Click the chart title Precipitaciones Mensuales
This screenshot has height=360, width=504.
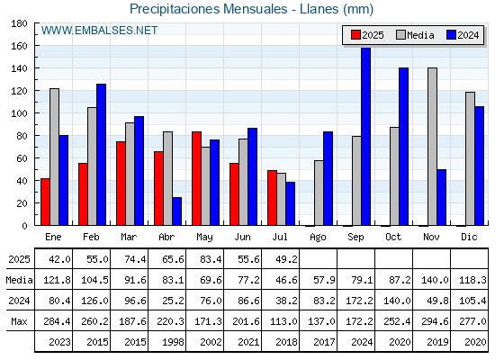tap(208, 9)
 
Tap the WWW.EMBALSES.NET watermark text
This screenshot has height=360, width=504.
tap(99, 31)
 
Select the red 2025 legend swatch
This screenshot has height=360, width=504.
tap(355, 35)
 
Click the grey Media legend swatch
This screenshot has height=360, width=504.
tap(400, 35)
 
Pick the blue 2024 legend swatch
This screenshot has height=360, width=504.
tap(451, 35)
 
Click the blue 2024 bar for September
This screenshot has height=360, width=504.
tap(365, 136)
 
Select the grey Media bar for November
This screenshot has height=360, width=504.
tap(432, 147)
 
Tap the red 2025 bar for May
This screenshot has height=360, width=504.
tap(197, 178)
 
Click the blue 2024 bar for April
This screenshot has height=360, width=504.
tap(176, 211)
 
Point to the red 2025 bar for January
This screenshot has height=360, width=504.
tap(45, 202)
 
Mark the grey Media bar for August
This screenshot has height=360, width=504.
tap(319, 193)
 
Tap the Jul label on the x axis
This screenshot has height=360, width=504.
tap(280, 237)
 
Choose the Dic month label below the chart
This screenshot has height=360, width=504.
tap(469, 237)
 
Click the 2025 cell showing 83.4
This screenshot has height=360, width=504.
tap(211, 259)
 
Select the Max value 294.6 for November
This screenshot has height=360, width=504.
tap(435, 321)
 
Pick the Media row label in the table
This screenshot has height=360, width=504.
tap(19, 280)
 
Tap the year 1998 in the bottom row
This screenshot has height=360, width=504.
tap(173, 342)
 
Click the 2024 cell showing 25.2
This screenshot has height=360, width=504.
tap(173, 301)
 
